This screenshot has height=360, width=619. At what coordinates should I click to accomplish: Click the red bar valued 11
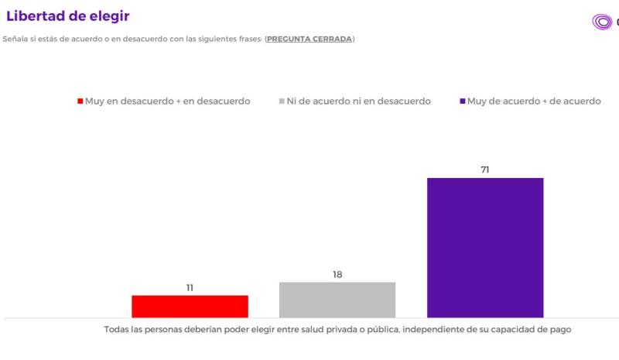point(190,306)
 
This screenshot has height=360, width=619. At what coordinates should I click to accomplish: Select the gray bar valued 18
point(337,300)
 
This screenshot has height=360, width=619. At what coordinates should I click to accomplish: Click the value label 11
point(190,288)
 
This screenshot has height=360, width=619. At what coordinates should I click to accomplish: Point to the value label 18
point(337,275)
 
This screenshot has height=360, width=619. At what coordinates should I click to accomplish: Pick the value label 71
point(485,170)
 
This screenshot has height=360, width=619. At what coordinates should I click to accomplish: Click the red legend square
point(80,101)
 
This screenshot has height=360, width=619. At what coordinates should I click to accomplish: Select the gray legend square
point(281,101)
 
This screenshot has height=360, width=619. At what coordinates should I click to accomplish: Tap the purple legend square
point(462,101)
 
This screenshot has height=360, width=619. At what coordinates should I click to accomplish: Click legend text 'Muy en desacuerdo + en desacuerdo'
point(168,101)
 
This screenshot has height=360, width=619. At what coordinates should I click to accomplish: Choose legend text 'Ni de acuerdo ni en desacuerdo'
point(358,101)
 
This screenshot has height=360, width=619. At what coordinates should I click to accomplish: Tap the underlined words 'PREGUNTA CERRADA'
point(309,39)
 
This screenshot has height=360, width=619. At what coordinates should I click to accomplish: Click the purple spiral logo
point(602,22)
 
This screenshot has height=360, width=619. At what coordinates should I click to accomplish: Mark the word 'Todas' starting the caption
point(118,330)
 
